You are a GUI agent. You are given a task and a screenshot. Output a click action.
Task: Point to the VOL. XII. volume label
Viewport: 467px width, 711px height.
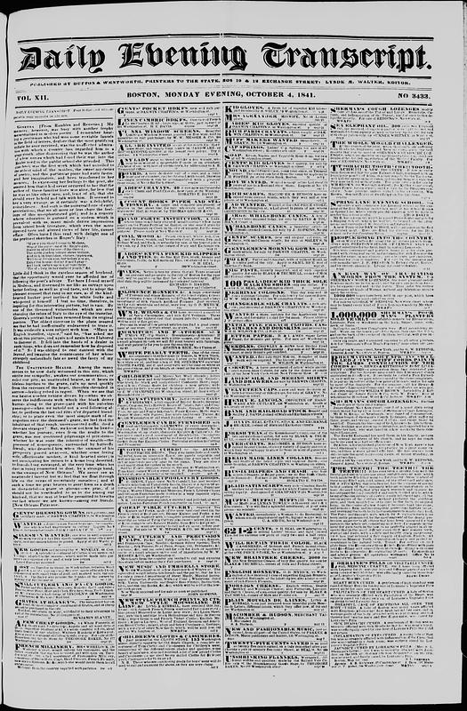click(x=34, y=94)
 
